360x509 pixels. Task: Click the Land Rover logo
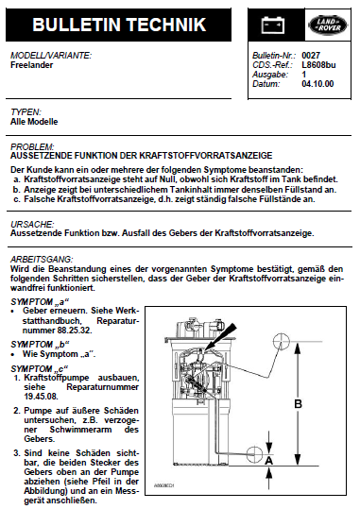coord(328,25)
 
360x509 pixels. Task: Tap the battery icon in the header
coord(273,25)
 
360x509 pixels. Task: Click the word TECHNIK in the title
coord(166,25)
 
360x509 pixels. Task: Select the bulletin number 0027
coord(311,56)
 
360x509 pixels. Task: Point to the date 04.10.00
coord(317,84)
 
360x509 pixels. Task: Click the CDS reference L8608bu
coord(318,65)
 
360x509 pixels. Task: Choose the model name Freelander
coord(31,65)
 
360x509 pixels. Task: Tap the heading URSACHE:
coord(32,225)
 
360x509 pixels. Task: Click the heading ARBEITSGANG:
coord(42,260)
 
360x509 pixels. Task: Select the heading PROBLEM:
coord(32,146)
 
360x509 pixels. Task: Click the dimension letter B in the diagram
coord(298,404)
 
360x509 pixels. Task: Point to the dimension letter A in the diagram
coord(268,461)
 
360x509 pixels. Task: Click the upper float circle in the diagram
coord(281,341)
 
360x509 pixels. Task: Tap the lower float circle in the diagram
coord(254,454)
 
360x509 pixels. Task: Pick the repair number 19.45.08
coord(41,397)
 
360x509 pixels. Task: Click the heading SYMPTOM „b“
coord(40,344)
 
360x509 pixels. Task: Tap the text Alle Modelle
coord(34,122)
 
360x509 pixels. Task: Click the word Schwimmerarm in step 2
coord(80,430)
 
